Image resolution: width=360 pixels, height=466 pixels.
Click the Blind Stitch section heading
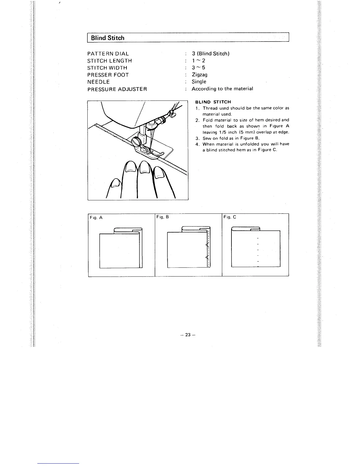(x=108, y=38)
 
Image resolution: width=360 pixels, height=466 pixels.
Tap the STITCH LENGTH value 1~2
(x=199, y=61)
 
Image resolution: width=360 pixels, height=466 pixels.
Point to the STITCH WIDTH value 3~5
(x=199, y=68)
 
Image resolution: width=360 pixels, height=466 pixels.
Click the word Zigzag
(x=200, y=75)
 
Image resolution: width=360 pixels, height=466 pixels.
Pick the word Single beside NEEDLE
(x=199, y=82)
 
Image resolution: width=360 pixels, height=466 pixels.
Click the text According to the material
(x=222, y=89)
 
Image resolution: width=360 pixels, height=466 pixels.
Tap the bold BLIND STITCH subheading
(x=213, y=102)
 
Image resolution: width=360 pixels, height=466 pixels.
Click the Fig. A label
(x=96, y=218)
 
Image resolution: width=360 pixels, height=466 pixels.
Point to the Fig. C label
(x=230, y=217)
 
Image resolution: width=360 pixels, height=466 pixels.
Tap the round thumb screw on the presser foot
(x=136, y=142)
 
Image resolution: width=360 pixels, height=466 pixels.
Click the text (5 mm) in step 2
(x=236, y=132)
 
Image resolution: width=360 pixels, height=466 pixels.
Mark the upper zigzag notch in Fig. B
(x=207, y=244)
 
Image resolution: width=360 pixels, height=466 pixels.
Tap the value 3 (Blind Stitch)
(x=211, y=54)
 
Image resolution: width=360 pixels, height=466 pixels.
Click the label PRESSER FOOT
(x=108, y=75)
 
